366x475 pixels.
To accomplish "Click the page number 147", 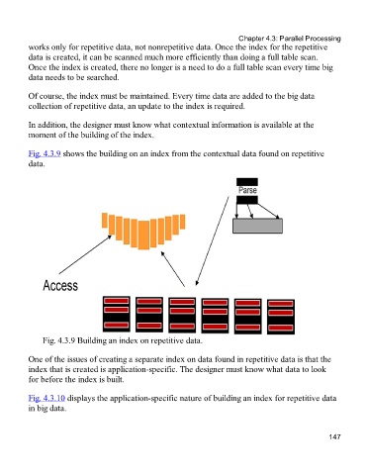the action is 334,436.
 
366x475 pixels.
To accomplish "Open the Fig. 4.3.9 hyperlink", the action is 45,153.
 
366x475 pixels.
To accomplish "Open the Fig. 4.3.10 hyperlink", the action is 46,398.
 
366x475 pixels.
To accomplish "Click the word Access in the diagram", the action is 60,285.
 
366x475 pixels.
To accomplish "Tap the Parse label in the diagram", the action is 247,190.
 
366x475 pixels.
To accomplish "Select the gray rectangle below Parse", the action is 257,226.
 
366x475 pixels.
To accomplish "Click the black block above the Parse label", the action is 247,182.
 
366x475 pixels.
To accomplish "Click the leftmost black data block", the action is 117,314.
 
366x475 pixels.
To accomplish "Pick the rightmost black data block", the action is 281,317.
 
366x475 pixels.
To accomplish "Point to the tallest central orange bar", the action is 143,236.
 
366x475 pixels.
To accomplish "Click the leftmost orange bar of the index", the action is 105,221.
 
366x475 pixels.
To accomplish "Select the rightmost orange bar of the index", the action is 182,222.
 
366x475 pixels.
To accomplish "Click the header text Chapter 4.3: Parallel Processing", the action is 290,39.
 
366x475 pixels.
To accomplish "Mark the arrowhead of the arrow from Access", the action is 109,237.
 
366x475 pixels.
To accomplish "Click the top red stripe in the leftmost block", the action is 117,301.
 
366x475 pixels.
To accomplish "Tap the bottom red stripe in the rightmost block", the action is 281,328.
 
